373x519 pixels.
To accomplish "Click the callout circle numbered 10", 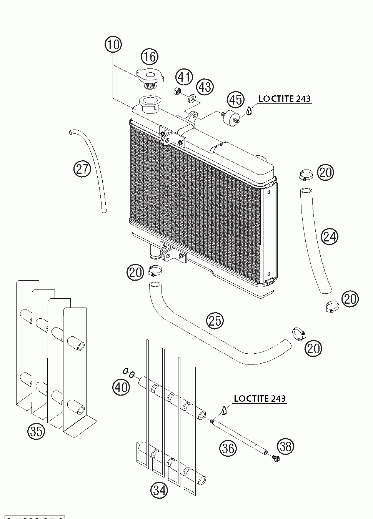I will [113, 45].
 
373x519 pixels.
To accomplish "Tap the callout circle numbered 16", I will [149, 57].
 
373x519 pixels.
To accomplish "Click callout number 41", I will [184, 77].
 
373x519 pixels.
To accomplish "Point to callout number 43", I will [205, 86].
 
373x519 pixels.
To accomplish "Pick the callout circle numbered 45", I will [236, 100].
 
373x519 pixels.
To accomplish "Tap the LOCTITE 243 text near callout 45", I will [284, 98].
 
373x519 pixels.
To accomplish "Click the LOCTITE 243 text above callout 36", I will [260, 398].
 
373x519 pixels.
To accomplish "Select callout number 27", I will [82, 169].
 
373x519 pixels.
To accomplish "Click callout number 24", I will [330, 236].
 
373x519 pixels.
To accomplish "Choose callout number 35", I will [36, 431].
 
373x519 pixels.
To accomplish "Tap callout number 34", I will [159, 490].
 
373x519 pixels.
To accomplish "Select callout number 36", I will [228, 448].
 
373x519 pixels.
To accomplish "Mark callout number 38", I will [286, 446].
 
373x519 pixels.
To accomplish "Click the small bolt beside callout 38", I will [275, 458].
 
